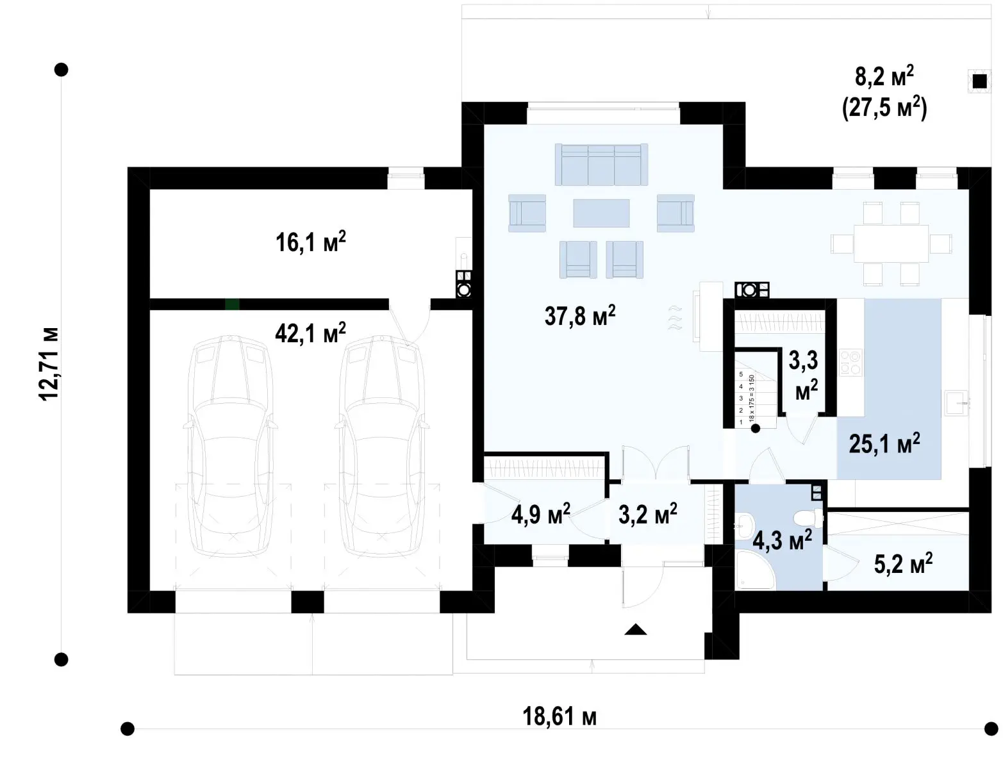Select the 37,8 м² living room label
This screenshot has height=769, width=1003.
580,315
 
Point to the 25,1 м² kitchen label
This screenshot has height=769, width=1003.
884,443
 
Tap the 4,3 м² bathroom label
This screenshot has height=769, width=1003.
783,540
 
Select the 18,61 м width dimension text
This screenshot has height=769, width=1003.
560,717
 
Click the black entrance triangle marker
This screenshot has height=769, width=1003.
636,629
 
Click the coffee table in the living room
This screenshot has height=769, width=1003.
601,213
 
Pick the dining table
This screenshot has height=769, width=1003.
891,243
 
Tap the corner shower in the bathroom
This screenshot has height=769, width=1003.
752,570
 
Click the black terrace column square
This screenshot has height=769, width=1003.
979,81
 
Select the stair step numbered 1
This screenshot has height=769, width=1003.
742,422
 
